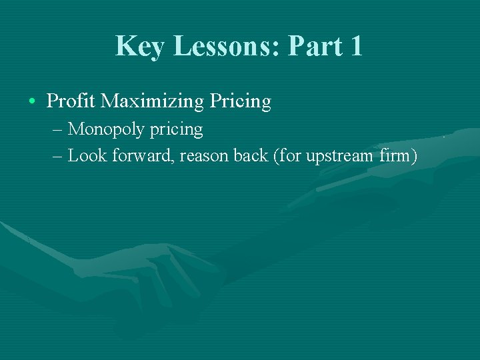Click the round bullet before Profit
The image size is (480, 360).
click(x=33, y=101)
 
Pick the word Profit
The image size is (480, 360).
click(x=71, y=101)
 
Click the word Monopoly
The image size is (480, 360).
click(x=107, y=129)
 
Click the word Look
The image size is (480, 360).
click(x=85, y=156)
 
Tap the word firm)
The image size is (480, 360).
click(x=399, y=156)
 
